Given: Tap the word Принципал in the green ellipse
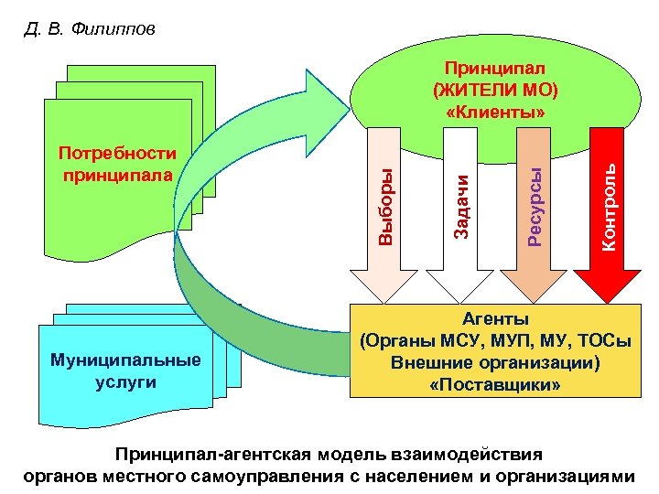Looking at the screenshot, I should click(x=494, y=69).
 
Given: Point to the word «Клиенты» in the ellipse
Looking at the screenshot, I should click(x=495, y=112).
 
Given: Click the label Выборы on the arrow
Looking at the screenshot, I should click(x=387, y=209).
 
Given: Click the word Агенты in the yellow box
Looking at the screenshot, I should click(x=494, y=319).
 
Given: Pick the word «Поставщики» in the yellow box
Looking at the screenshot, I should click(x=495, y=385).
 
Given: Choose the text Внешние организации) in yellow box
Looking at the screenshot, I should click(x=495, y=363).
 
